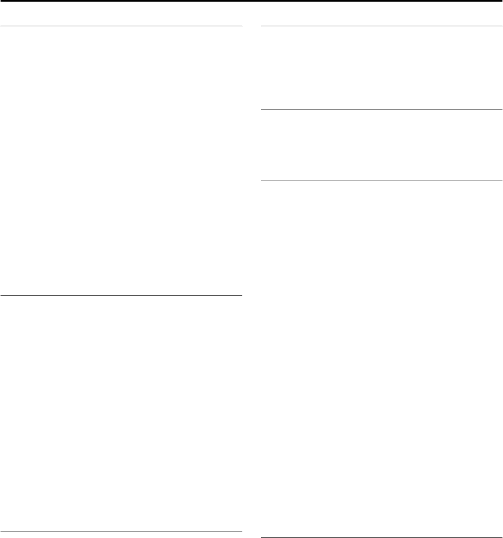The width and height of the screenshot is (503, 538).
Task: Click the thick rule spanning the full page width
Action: (251, 1)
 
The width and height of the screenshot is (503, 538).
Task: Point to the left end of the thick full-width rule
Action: (1, 1)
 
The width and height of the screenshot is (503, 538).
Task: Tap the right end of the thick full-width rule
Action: (501, 1)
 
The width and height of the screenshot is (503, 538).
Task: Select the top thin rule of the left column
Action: (121, 26)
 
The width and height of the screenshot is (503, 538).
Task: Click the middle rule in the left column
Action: (121, 296)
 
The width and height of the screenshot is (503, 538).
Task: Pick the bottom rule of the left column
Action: (121, 531)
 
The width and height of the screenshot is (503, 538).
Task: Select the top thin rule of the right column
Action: (381, 26)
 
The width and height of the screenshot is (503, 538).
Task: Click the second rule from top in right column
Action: (381, 109)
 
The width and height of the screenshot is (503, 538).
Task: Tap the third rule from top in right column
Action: (381, 181)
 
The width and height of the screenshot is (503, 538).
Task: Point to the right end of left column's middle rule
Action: (241, 296)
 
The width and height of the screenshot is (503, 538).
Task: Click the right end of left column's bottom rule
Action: (241, 531)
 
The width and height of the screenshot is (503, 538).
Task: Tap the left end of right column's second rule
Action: (261, 109)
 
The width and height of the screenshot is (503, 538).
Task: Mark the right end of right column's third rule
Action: (501, 181)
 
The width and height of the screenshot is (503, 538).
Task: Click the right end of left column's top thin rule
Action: (241, 26)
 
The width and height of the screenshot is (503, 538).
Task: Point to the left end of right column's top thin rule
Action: (261, 26)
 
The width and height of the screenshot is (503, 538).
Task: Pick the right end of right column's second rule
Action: (501, 109)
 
